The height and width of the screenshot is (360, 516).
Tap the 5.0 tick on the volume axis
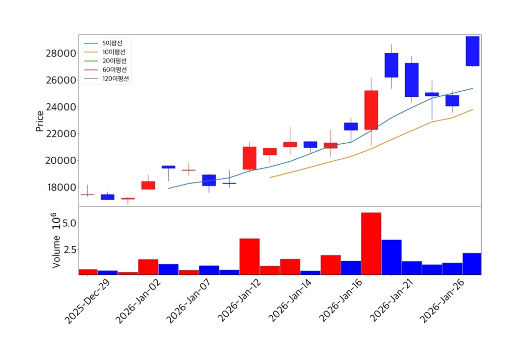pyautogui.click(x=69, y=223)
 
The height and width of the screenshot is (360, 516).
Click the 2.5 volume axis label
pyautogui.click(x=69, y=250)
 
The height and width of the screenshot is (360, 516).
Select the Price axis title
pyautogui.click(x=40, y=121)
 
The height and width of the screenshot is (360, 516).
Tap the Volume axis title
pyautogui.click(x=56, y=251)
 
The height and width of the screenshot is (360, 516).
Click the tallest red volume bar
pyautogui.click(x=371, y=244)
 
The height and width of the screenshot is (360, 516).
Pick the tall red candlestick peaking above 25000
pyautogui.click(x=371, y=110)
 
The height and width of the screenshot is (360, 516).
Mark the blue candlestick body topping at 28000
pyautogui.click(x=392, y=65)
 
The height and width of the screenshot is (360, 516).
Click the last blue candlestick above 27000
pyautogui.click(x=472, y=51)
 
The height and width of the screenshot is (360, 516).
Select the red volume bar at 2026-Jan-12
pyautogui.click(x=249, y=256)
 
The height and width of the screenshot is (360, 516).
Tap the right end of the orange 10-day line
pyautogui.click(x=472, y=109)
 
